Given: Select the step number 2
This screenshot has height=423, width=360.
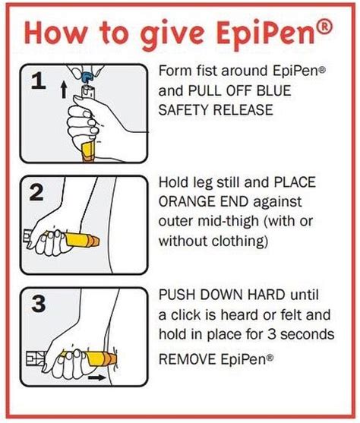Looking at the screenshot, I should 36,193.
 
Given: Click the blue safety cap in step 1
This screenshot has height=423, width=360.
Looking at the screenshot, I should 90,76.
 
